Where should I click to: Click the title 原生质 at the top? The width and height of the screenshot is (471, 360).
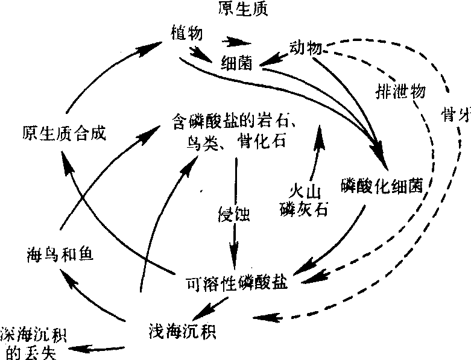pyautogui.click(x=245, y=10)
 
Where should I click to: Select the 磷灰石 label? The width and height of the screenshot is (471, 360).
pyautogui.click(x=303, y=210)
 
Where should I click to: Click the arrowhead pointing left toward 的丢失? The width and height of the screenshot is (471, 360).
pyautogui.click(x=75, y=348)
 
